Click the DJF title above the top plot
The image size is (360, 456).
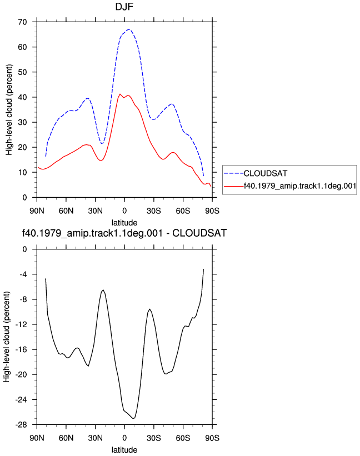point(124,7)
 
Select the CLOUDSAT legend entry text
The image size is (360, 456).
point(265,173)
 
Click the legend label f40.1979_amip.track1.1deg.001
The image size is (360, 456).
point(300,186)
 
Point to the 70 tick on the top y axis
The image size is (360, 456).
point(22,22)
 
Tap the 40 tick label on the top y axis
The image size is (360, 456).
point(22,97)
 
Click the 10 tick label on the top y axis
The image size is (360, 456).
point(22,172)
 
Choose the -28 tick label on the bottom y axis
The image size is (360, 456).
point(21,425)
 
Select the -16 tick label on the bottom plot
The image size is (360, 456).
point(21,349)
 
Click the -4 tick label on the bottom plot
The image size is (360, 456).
point(22,274)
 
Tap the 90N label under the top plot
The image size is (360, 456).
point(37,211)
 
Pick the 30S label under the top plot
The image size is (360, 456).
point(154,211)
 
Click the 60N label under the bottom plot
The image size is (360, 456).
point(66,438)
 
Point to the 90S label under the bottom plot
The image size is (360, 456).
point(212,438)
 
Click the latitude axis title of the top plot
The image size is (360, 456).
point(124,223)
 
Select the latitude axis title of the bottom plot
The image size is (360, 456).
point(124,450)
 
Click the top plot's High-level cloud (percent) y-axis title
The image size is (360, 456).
point(9,109)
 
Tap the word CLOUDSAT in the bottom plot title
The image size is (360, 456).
point(199,233)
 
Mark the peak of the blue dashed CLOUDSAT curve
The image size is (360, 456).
point(129,29)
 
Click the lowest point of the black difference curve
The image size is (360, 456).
point(133,418)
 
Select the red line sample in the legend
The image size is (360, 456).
point(233,186)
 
